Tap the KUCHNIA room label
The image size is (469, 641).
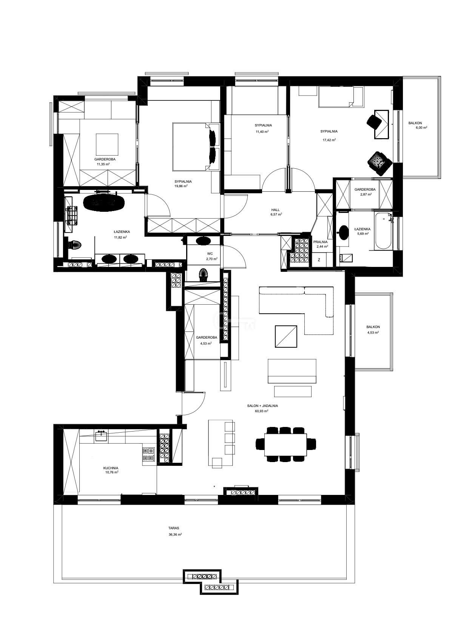111,468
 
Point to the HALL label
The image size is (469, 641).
276,210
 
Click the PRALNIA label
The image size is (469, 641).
320,242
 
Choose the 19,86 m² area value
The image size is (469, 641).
181,186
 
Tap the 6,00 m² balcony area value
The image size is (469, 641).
421,128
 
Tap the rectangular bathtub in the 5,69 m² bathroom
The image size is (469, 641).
383,231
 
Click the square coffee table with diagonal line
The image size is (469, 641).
286,336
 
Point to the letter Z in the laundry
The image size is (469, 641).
319,260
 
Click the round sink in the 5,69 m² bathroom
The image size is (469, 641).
343,231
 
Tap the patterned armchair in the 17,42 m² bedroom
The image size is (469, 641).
379,163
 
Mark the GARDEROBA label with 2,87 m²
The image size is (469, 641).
365,190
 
